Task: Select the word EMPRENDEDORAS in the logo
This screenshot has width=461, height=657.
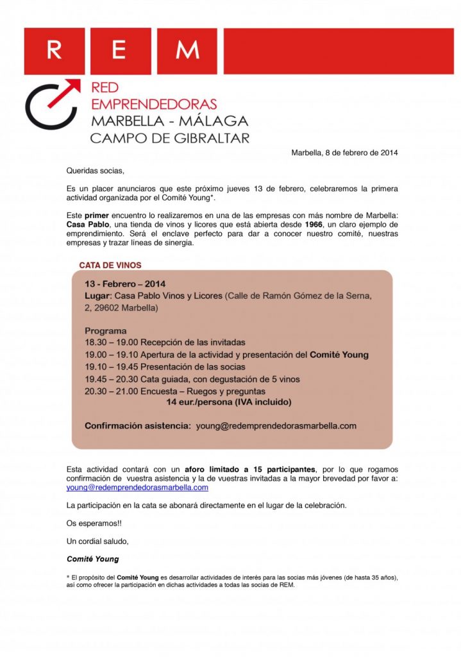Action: click(x=154, y=104)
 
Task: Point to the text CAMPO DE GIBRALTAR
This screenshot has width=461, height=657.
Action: click(x=170, y=138)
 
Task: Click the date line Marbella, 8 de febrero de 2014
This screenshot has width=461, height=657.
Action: click(x=344, y=153)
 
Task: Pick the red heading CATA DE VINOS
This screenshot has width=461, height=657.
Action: click(x=110, y=265)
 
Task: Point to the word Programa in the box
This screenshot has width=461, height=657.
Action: click(x=105, y=331)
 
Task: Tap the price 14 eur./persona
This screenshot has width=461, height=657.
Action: click(x=203, y=402)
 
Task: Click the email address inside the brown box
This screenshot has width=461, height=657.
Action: click(x=276, y=425)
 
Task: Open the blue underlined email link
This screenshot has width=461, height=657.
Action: click(x=137, y=488)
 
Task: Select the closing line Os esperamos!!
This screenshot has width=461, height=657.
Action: click(x=94, y=523)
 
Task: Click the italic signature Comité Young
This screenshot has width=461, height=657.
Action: click(x=92, y=559)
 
